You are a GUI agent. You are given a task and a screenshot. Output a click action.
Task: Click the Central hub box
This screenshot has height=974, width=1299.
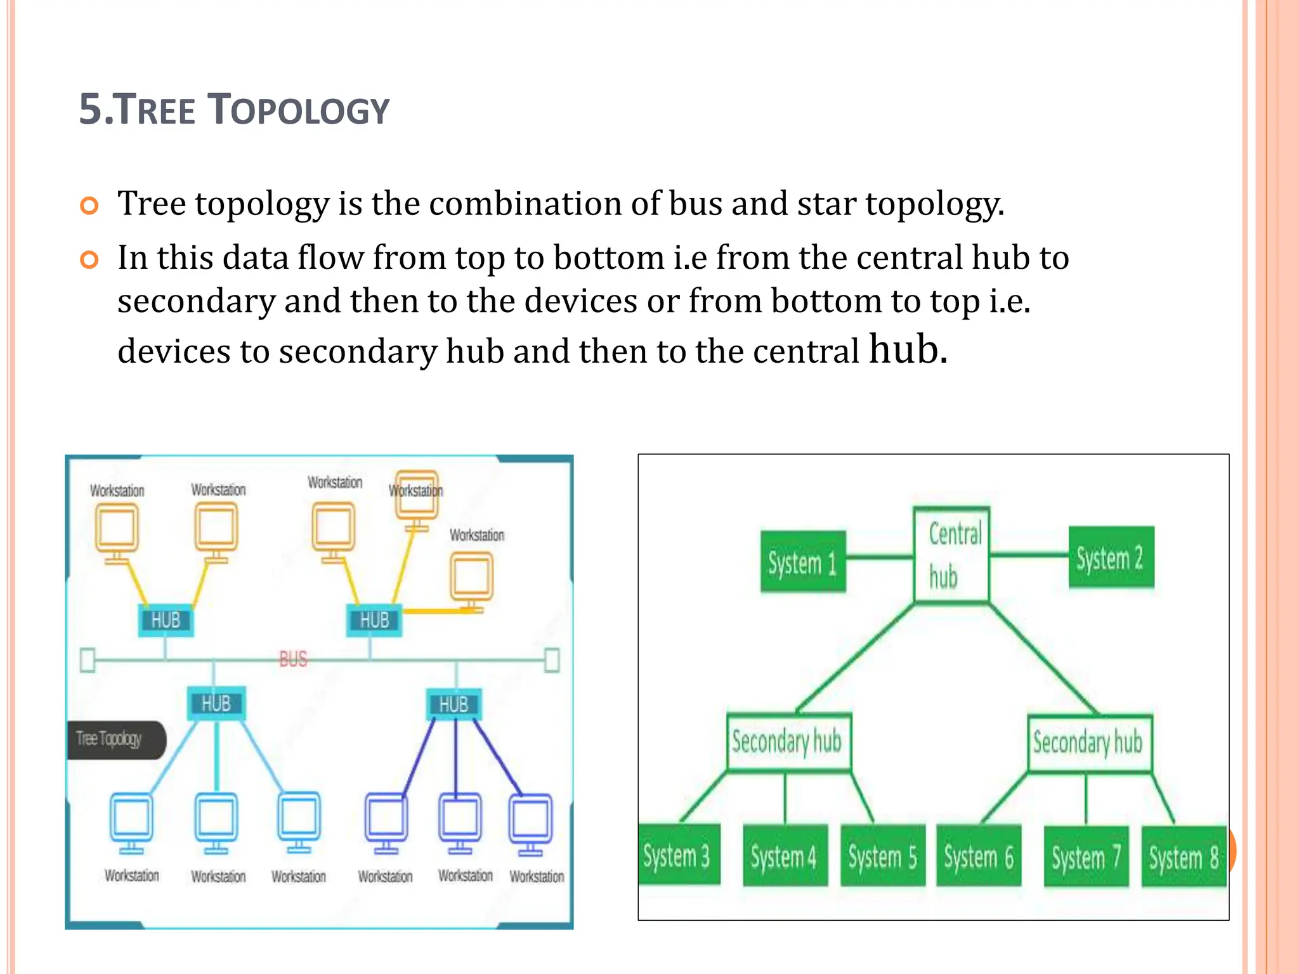point(951,554)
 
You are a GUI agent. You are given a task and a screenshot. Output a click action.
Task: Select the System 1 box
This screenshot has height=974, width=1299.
point(803,562)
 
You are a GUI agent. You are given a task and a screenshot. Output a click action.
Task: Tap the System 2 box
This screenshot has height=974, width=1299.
point(1111,557)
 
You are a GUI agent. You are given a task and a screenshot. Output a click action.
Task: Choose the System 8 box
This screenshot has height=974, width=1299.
point(1184,857)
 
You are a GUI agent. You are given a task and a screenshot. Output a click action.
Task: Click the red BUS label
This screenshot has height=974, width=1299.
point(293,659)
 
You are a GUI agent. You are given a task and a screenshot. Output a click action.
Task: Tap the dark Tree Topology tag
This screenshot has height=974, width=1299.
point(114,739)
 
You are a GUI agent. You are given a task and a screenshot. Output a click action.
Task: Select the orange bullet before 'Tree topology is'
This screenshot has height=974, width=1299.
point(89,206)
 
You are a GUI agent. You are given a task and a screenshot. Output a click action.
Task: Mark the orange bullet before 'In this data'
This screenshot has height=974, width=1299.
point(89,260)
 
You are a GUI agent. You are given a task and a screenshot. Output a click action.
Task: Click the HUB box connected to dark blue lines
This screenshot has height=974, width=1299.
point(454,705)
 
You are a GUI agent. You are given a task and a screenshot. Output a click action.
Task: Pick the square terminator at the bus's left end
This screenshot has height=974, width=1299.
point(88,660)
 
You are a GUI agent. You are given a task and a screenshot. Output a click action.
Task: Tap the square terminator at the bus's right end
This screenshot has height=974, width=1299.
point(552,660)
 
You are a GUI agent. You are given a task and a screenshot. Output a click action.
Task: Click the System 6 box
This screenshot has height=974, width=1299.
point(979,856)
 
